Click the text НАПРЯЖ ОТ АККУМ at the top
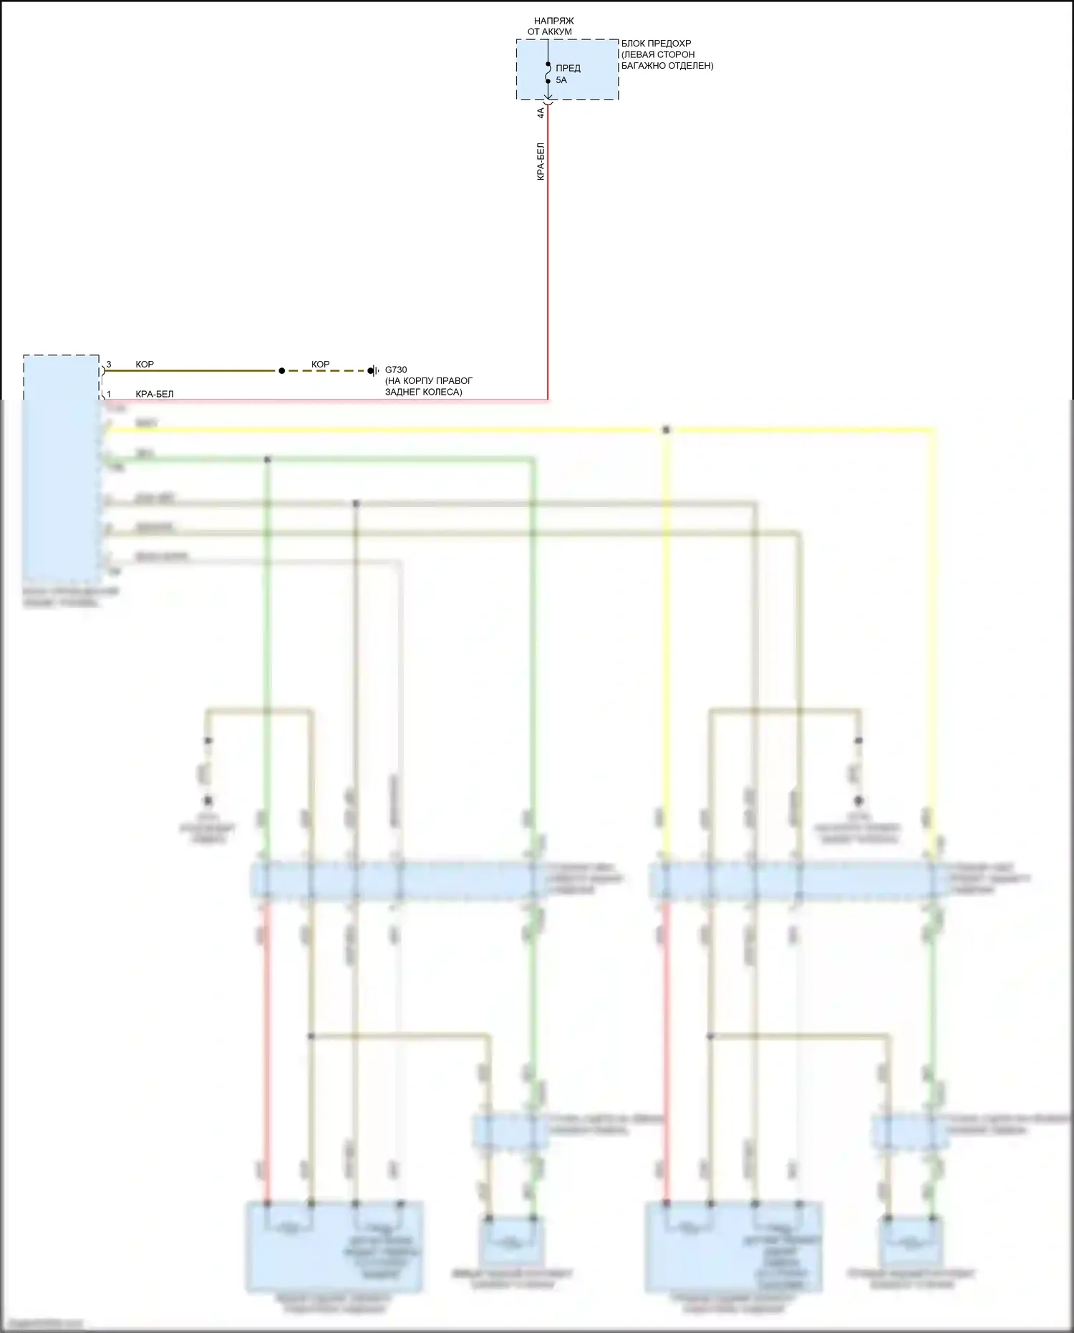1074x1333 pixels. [x=551, y=27]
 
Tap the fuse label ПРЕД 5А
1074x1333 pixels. [x=567, y=74]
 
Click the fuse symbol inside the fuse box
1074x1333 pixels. [x=548, y=72]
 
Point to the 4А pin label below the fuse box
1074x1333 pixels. [x=541, y=112]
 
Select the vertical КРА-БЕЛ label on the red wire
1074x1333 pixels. [x=541, y=162]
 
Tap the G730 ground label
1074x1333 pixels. [x=396, y=370]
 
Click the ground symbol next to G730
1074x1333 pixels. [x=373, y=371]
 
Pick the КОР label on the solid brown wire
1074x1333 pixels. [x=145, y=365]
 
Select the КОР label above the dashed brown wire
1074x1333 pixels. [x=320, y=365]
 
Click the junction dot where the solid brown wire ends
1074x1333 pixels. [x=281, y=371]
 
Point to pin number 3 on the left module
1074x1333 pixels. [x=109, y=365]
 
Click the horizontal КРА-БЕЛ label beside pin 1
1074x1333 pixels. [x=155, y=394]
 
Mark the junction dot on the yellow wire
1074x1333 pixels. [x=666, y=430]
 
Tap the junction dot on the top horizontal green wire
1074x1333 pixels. [x=267, y=459]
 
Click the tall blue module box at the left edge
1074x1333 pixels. [x=61, y=469]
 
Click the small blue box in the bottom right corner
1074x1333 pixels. [x=910, y=1241]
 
